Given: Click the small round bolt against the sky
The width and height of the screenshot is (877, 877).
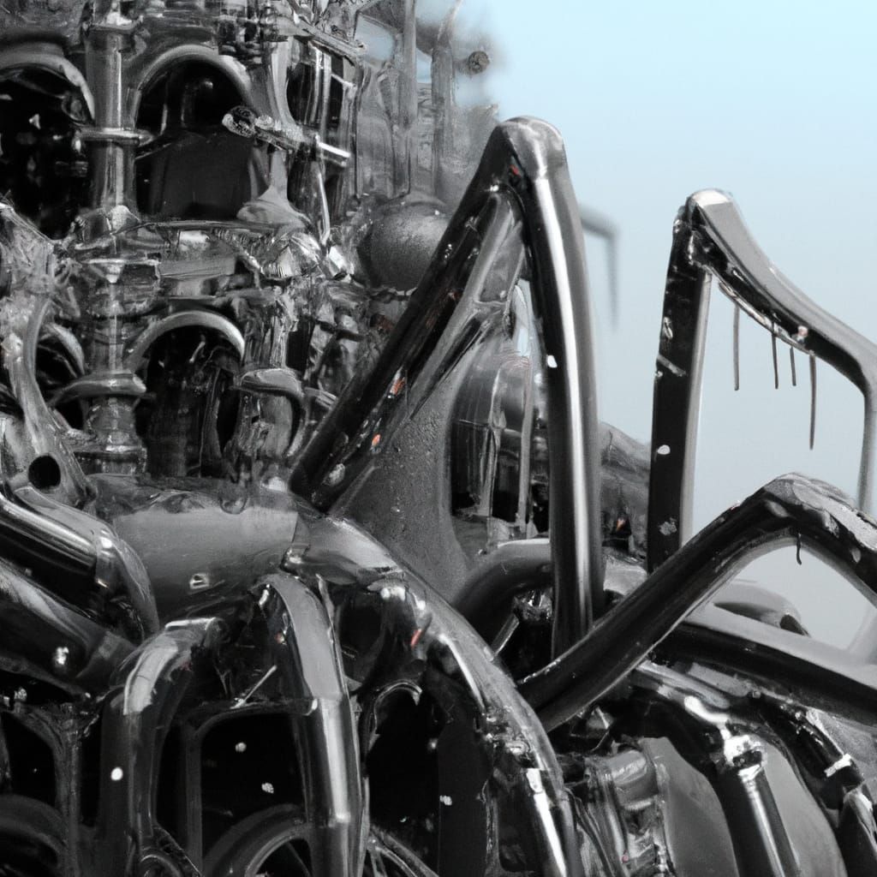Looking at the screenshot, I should click(x=477, y=60).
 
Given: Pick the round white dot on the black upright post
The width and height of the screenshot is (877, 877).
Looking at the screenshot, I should click(x=664, y=449).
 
